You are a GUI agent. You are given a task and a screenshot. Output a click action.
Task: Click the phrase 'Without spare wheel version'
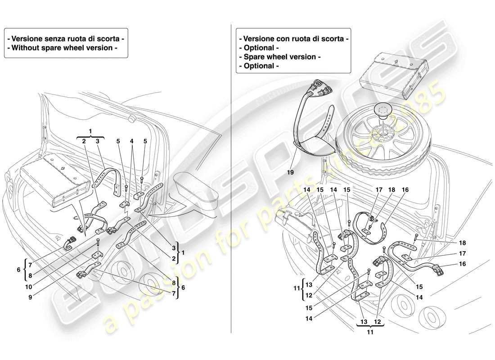(x=64, y=48)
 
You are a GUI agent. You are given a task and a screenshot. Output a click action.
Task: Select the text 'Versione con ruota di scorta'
(x=293, y=39)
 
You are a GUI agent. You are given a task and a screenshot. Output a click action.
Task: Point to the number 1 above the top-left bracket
(x=90, y=130)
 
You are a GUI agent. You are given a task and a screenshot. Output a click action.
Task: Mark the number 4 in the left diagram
(x=132, y=140)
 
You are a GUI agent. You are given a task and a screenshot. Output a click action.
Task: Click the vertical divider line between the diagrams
(x=231, y=180)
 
